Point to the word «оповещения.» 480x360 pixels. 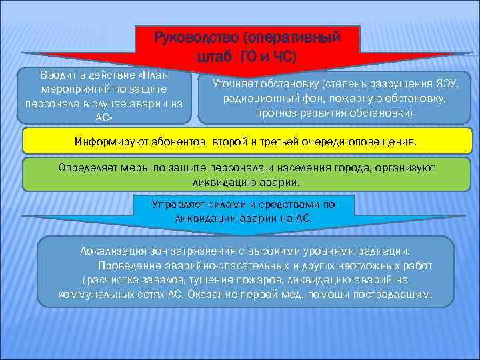(x=387, y=142)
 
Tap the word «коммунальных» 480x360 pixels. (x=93, y=294)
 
